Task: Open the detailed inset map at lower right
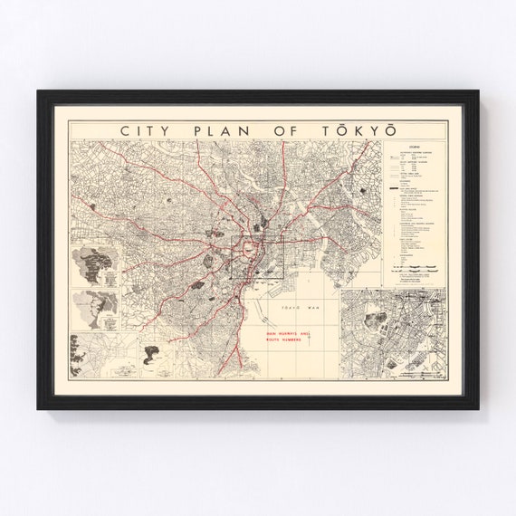[x=394, y=332]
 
